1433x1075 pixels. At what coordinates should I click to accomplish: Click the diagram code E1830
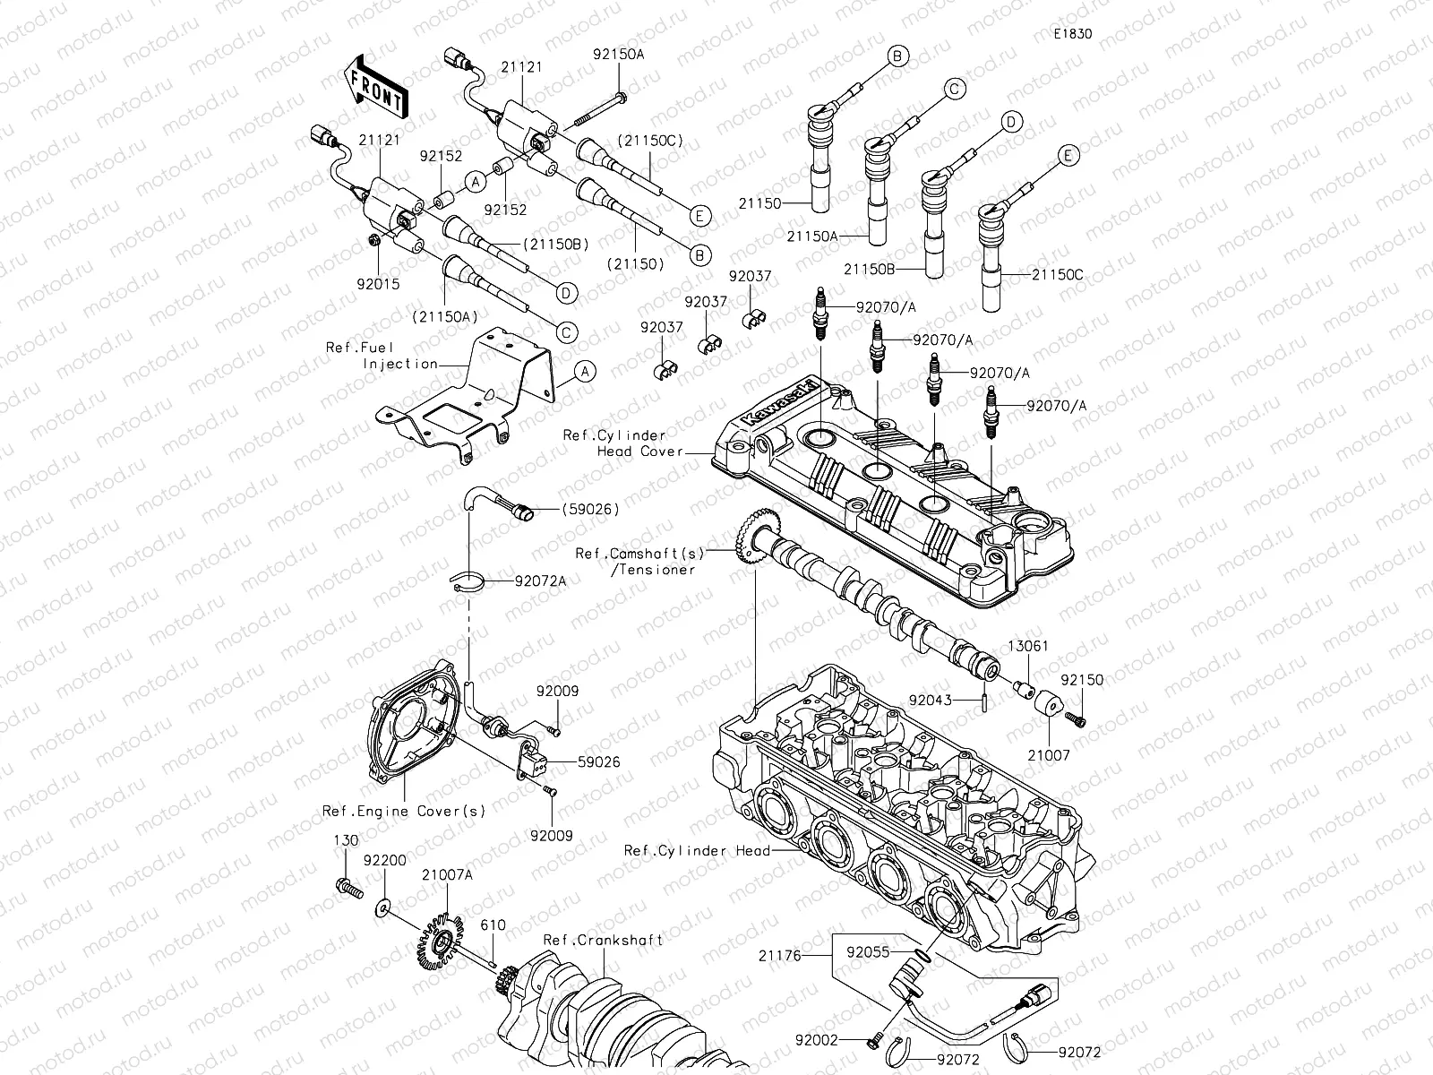[1073, 34]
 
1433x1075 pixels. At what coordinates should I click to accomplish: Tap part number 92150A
[618, 54]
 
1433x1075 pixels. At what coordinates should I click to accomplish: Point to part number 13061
[1028, 646]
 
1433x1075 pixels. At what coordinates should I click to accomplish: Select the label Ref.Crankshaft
[604, 940]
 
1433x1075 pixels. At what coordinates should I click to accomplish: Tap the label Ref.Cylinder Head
[697, 850]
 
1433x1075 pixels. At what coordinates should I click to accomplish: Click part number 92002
[815, 1041]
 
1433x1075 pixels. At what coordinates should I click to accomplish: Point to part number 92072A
[540, 580]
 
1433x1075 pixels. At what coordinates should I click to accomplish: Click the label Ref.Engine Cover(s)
[404, 812]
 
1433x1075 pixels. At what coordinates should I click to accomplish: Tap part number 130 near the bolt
[346, 841]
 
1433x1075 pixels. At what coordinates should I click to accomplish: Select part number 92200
[385, 859]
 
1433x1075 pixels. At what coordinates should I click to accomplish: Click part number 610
[493, 924]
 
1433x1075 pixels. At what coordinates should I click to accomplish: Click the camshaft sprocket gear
[751, 537]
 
